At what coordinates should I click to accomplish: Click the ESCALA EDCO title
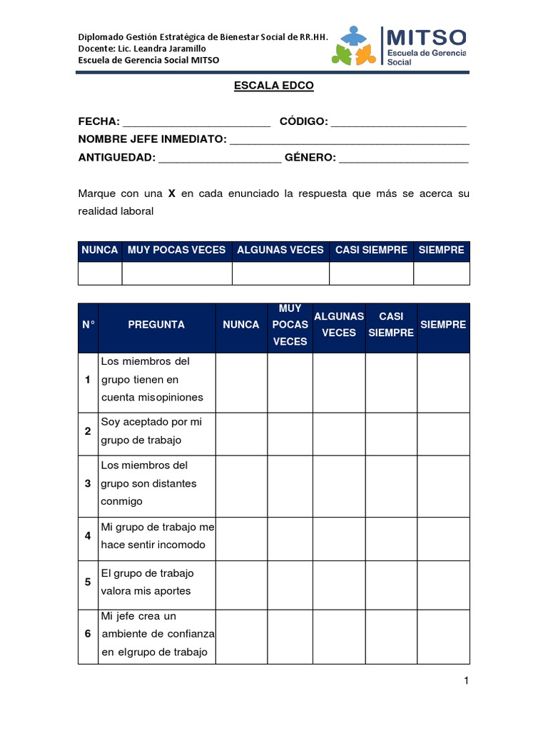pos(274,86)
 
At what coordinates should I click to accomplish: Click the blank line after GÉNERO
pos(403,158)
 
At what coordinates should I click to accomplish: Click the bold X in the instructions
pos(171,193)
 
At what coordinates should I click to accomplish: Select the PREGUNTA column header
pos(156,325)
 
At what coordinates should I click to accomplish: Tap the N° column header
pos(88,325)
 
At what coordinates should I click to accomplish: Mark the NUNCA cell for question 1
pos(241,382)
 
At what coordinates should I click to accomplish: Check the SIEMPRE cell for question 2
pos(443,433)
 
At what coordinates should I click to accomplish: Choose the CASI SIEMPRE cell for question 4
pos(391,538)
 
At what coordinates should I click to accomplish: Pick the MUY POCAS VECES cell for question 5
pos(290,584)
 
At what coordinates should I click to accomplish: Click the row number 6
pos(88,634)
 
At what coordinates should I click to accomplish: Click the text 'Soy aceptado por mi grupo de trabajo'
pos(151,430)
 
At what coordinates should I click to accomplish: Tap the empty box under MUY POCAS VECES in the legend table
pos(177,273)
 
